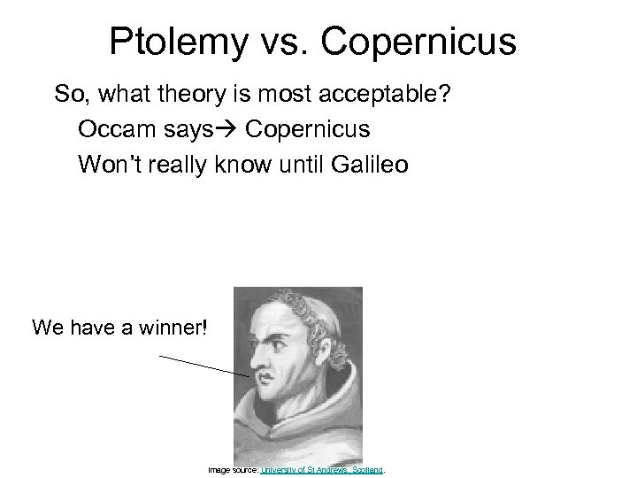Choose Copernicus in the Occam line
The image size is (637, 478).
tap(308, 129)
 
